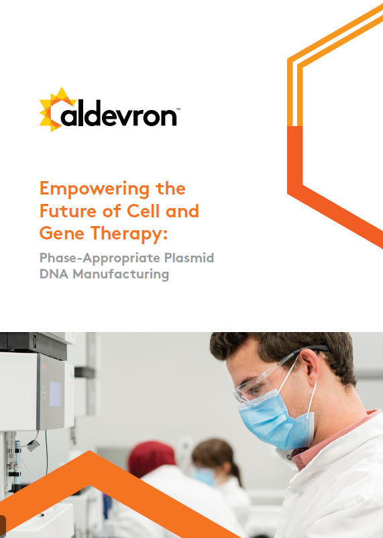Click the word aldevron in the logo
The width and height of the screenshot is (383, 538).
pos(119,113)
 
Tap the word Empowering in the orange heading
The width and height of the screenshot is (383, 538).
pos(95,189)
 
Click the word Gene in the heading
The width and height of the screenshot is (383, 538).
pos(62,233)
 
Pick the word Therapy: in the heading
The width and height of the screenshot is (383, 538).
pos(129,234)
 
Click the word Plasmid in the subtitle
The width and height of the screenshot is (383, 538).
pos(189,258)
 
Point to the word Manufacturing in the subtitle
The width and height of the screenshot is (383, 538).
pos(121,274)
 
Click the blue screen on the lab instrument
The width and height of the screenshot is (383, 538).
pos(55,394)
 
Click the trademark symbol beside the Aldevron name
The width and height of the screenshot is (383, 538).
pos(178,109)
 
